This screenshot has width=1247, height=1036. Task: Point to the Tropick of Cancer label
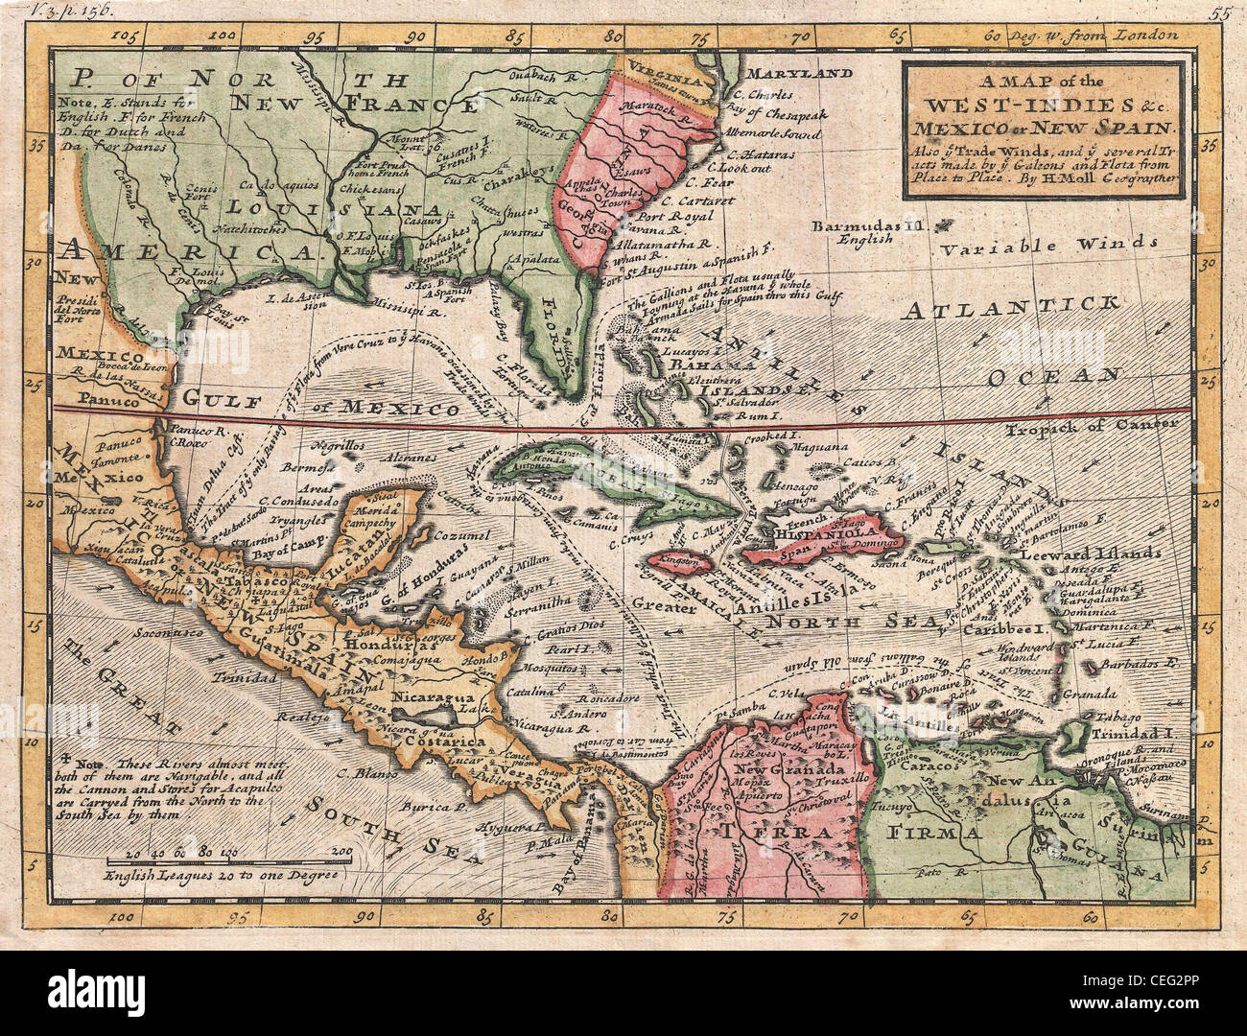(x=1092, y=425)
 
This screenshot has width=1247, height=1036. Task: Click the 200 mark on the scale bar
(x=340, y=851)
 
